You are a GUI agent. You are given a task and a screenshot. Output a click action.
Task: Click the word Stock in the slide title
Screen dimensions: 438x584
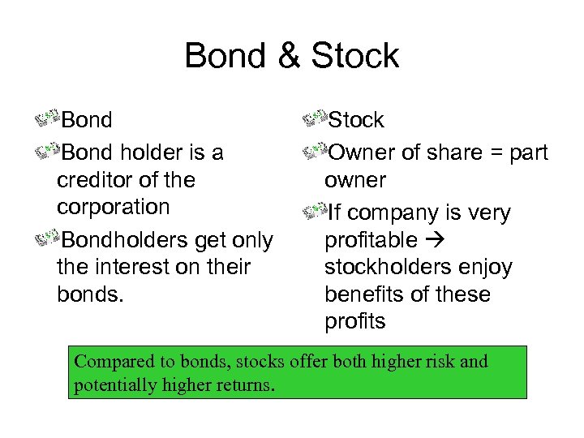coord(354,56)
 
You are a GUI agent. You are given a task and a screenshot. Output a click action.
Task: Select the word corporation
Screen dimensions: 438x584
coord(113,206)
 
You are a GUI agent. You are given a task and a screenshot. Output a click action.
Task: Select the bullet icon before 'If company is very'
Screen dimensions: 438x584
coord(312,213)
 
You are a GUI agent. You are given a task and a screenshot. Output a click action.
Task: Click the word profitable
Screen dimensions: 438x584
coord(371,240)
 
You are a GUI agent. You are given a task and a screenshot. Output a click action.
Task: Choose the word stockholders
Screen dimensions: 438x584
coord(389,267)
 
